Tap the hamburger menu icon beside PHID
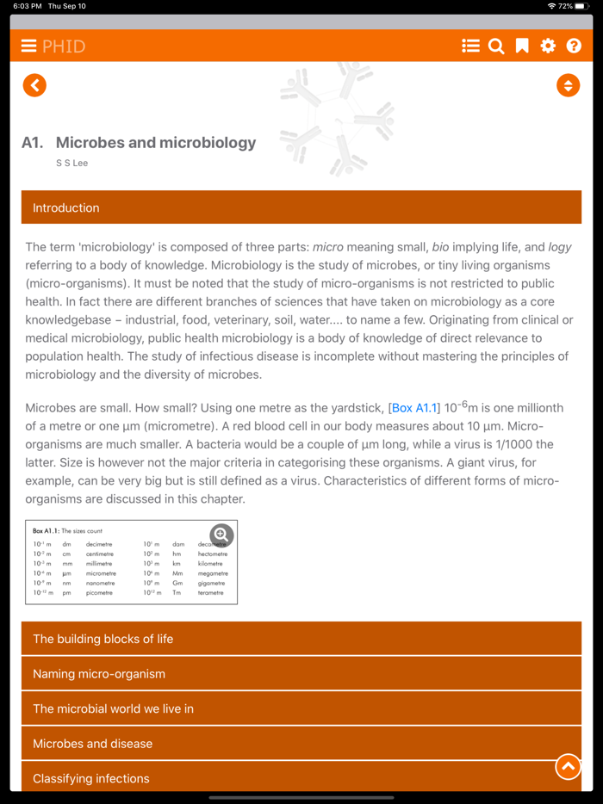click(28, 46)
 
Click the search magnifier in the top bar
click(496, 46)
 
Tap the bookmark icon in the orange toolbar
click(522, 46)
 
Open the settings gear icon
click(548, 46)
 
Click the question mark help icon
click(574, 46)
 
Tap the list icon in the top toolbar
click(470, 46)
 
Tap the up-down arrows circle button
click(568, 85)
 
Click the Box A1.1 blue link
click(414, 408)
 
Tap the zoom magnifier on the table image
click(221, 535)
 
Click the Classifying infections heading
click(91, 778)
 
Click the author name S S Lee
click(72, 163)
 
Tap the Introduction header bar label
click(66, 207)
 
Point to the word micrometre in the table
click(101, 573)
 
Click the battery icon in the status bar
click(582, 6)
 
